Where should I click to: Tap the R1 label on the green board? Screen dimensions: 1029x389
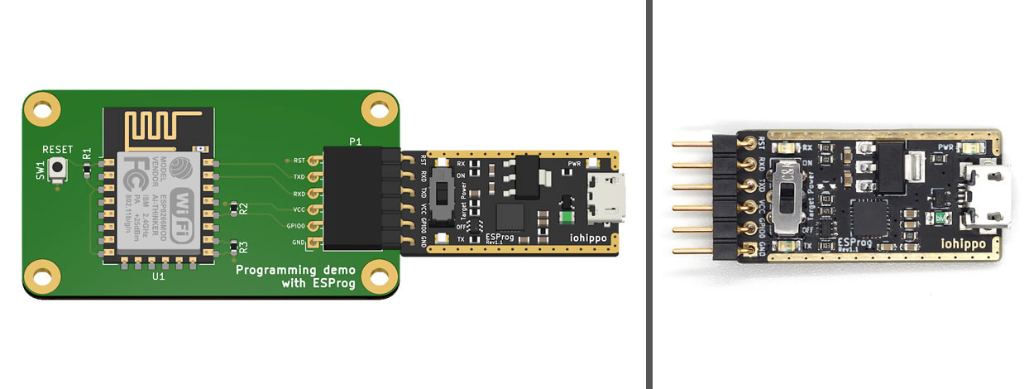point(87,152)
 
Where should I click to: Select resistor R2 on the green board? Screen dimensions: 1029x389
point(234,207)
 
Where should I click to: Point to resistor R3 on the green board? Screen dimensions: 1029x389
point(234,246)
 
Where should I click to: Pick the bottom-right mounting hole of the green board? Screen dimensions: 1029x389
point(378,274)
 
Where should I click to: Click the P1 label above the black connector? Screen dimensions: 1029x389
point(355,142)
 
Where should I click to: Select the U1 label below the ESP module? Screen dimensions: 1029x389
point(158,277)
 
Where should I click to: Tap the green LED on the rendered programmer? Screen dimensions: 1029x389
point(567,218)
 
